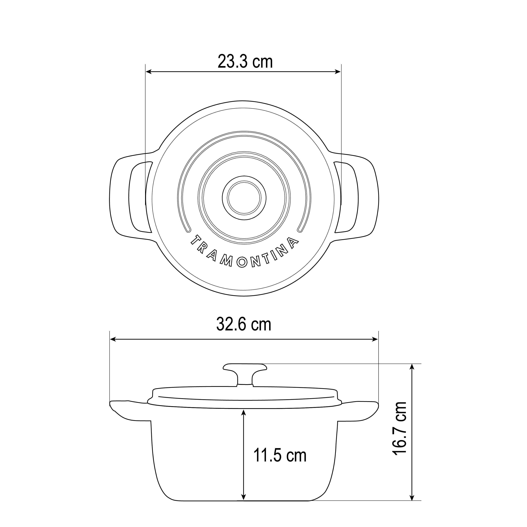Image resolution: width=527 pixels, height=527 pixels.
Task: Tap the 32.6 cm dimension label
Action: click(244, 325)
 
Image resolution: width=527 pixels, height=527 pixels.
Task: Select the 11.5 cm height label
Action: click(280, 455)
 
